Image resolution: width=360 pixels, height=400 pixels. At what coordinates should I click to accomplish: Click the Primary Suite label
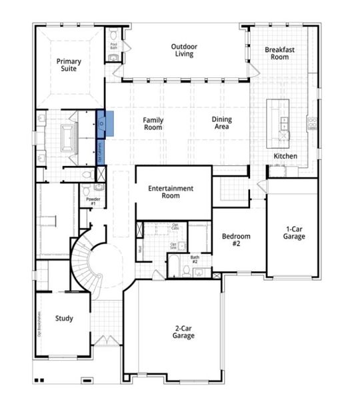(x=69, y=65)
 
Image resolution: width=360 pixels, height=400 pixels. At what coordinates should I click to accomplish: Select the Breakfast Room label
(x=279, y=53)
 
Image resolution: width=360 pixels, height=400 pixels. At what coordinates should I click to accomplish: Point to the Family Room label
(x=153, y=124)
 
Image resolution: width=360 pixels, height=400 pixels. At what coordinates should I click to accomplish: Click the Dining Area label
(x=222, y=123)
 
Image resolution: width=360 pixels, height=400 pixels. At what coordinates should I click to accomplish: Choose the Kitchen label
(x=285, y=157)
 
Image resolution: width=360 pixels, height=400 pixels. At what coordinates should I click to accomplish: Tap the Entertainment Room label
(x=171, y=192)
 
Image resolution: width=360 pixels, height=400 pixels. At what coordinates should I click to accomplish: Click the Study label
(x=64, y=319)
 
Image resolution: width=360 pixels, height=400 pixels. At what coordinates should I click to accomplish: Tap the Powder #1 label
(x=93, y=201)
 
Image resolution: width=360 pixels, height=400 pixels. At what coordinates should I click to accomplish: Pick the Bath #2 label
(x=195, y=259)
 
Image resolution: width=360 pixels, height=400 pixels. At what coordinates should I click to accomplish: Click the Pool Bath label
(x=113, y=45)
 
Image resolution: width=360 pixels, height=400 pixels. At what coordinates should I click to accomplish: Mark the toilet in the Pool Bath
(x=114, y=34)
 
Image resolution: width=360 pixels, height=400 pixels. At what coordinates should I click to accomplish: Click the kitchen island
(x=279, y=123)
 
